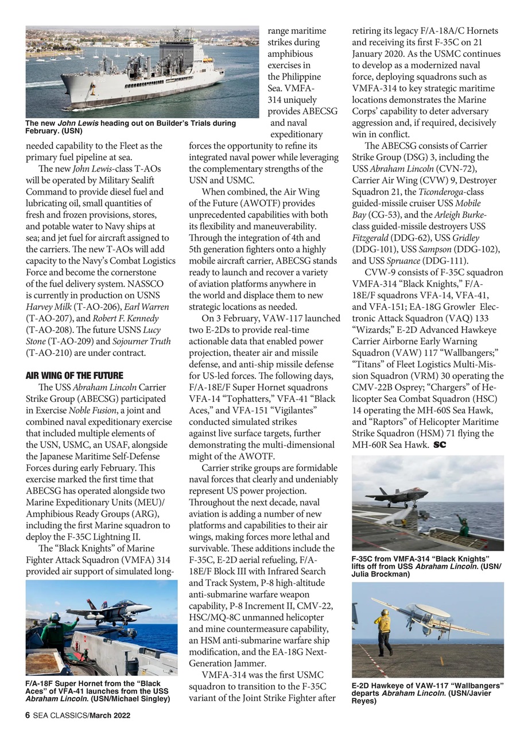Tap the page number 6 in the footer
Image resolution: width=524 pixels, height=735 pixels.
(x=28, y=715)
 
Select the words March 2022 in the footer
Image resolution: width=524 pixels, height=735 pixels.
(x=110, y=715)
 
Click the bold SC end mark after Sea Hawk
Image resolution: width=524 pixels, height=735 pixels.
(x=440, y=445)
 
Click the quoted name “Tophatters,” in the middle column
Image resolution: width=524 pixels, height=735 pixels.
(x=247, y=399)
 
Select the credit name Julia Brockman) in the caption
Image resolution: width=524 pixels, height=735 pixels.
(x=381, y=574)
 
